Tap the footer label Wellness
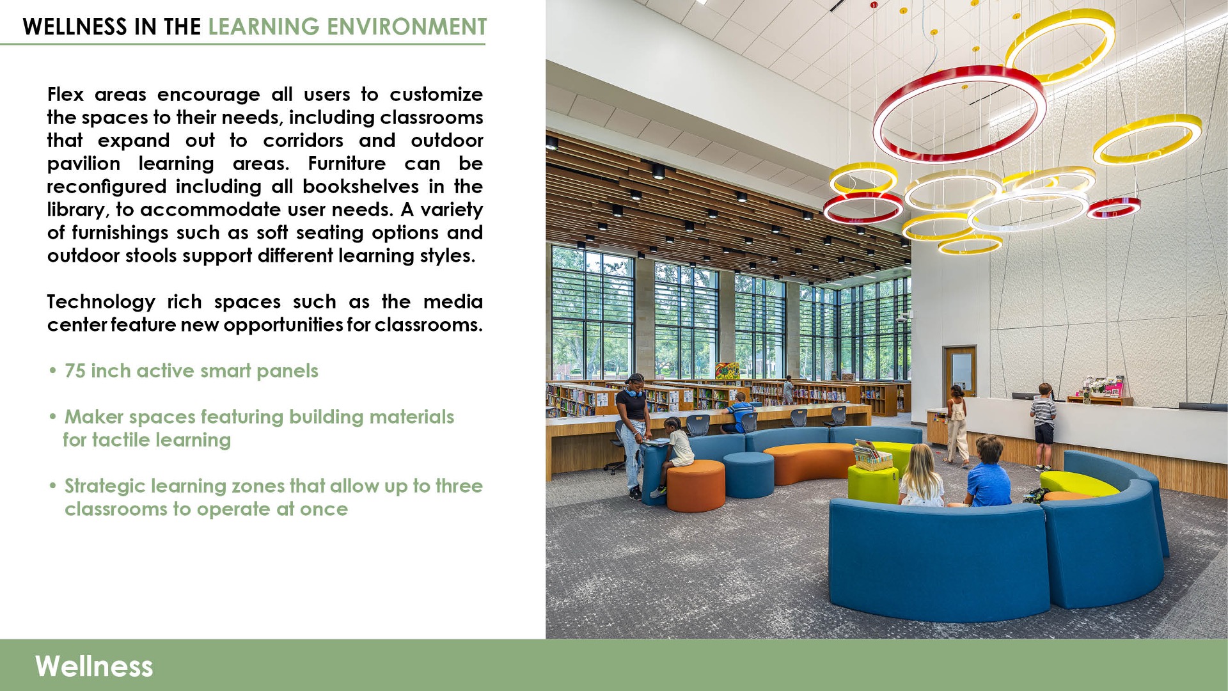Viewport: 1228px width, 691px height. point(94,666)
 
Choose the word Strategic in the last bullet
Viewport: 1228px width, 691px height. point(106,486)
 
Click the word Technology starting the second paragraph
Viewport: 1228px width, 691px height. point(101,302)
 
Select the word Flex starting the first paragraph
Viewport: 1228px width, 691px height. point(65,95)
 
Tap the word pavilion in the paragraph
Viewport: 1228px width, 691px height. point(84,164)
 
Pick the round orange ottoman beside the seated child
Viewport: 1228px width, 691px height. point(696,486)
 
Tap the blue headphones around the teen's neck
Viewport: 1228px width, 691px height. point(634,392)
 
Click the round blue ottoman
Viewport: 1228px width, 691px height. point(748,474)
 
